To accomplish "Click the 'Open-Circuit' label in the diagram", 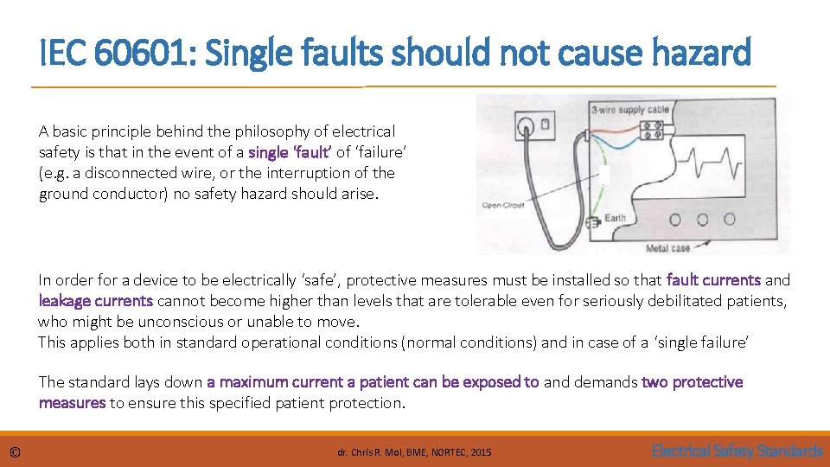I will pos(503,205).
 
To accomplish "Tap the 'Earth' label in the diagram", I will pos(615,218).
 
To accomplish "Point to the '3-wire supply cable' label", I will pos(629,110).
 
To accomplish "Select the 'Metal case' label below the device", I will pos(668,249).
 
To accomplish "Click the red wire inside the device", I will pos(615,127).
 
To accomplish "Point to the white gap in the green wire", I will pos(605,174).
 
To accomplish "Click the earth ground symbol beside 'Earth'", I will pos(594,222).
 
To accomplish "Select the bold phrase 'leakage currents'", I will pos(96,301).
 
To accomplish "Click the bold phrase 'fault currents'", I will pos(713,280).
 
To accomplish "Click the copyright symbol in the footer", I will pos(15,451).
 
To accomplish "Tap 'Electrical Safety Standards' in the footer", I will pos(737,451).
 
